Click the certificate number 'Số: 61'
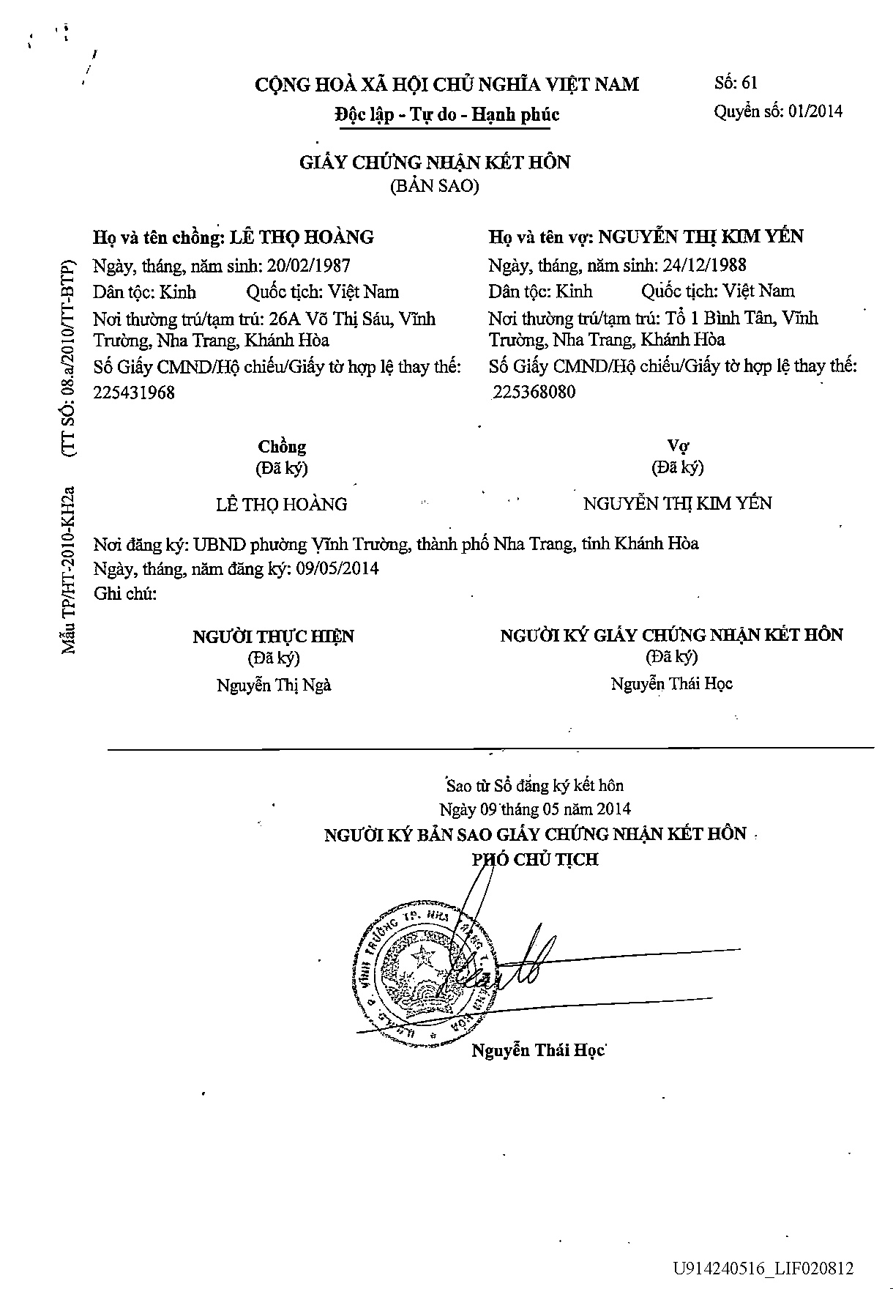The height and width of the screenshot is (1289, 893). pos(736,83)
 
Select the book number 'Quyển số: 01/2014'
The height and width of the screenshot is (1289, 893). pos(777,111)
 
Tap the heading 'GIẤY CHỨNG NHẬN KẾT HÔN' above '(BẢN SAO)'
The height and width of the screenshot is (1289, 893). pos(434,162)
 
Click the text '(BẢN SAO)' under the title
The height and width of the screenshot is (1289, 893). pos(434,186)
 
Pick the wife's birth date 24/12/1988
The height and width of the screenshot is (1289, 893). pos(704,264)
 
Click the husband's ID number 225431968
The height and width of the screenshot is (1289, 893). pos(134,393)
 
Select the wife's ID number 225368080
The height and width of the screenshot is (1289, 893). pos(534,392)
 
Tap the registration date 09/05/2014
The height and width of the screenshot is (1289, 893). pos(337,568)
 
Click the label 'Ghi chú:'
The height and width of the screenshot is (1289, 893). pos(125,593)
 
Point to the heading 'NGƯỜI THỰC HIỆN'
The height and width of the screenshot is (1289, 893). pos(273,636)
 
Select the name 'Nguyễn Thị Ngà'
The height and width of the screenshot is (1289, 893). pos(274,685)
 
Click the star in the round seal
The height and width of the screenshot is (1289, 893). pos(422,956)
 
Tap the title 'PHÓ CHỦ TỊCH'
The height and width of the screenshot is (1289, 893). pos(534,859)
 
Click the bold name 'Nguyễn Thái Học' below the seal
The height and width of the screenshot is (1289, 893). pos(538,1050)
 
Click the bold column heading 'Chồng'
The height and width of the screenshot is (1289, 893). pos(282,446)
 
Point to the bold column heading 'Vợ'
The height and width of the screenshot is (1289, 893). pos(678,445)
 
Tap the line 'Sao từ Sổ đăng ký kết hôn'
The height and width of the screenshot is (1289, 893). pos(535,786)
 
